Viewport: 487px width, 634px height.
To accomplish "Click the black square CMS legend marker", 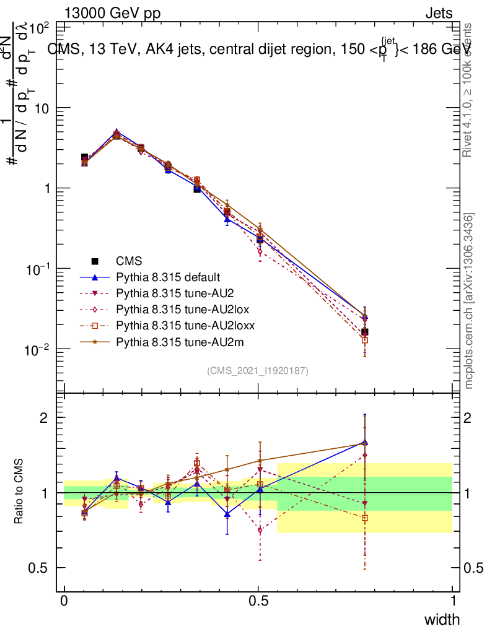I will pyautogui.click(x=95, y=261).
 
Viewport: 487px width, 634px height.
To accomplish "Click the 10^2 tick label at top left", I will pyautogui.click(x=39, y=28).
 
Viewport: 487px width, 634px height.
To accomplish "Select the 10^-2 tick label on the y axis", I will pyautogui.click(x=38, y=350).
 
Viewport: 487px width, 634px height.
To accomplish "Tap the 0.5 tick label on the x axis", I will pyautogui.click(x=258, y=601).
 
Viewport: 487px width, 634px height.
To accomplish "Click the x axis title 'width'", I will pyautogui.click(x=441, y=619).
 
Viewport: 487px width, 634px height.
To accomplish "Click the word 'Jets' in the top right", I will pyautogui.click(x=438, y=13).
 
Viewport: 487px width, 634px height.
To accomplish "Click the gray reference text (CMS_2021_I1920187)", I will pyautogui.click(x=258, y=370).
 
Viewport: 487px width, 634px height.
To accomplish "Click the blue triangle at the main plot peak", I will pyautogui.click(x=116, y=133).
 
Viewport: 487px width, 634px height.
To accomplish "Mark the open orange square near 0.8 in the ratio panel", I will pyautogui.click(x=364, y=518).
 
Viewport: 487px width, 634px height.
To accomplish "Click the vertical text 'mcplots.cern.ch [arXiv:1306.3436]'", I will pyautogui.click(x=470, y=301).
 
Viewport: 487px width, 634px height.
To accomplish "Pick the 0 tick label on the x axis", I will pyautogui.click(x=64, y=601).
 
